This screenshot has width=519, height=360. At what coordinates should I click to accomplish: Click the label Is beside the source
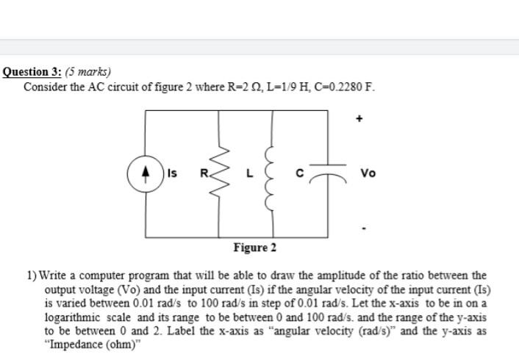(x=171, y=173)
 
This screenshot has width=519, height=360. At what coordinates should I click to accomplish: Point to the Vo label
(x=369, y=173)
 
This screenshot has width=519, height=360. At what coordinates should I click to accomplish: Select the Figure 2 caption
(x=255, y=247)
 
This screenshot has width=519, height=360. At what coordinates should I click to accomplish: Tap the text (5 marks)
(x=88, y=72)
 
